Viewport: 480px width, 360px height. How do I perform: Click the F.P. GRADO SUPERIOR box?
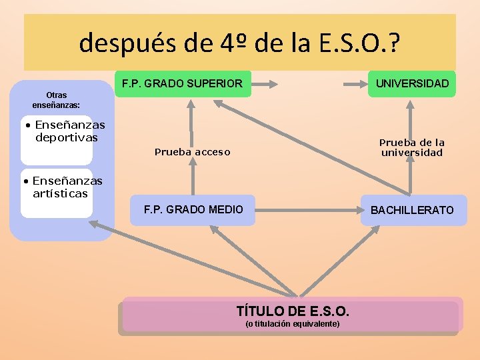point(183,84)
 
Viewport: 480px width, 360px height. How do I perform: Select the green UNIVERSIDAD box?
point(412,84)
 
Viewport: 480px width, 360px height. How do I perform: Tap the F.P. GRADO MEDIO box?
point(193,210)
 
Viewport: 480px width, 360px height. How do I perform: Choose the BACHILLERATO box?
point(412,210)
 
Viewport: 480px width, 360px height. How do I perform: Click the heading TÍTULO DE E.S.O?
point(293,311)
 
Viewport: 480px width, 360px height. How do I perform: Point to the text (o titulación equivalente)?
point(293,324)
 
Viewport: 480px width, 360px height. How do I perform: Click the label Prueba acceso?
point(192,152)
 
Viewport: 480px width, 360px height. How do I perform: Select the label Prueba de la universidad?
point(411,147)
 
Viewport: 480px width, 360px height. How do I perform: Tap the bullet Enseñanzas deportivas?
point(64,131)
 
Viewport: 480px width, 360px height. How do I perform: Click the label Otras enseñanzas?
point(56,100)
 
